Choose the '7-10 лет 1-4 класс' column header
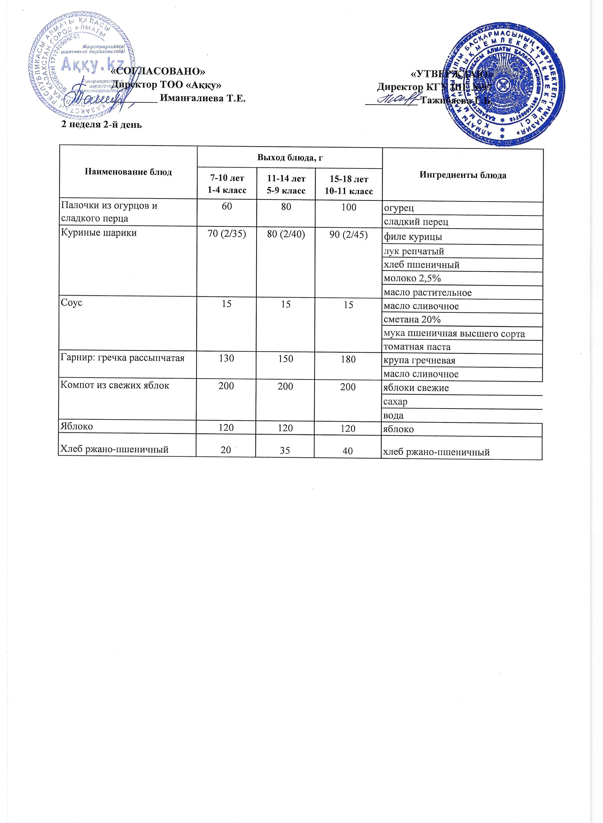click(x=227, y=184)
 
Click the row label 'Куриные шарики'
click(x=99, y=233)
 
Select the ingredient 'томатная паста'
click(x=417, y=347)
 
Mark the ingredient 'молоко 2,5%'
click(x=412, y=279)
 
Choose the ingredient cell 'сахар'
click(x=395, y=402)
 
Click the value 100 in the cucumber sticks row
click(x=349, y=207)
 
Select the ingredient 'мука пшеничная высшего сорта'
click(x=454, y=334)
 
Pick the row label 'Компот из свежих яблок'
click(x=115, y=385)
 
